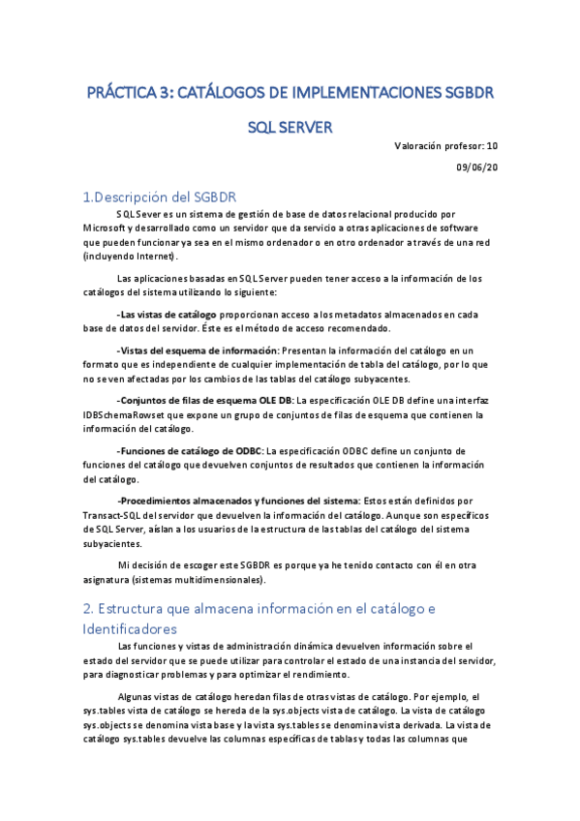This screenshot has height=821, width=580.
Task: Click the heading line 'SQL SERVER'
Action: coord(290,127)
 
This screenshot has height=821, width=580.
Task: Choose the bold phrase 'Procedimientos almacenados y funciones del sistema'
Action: coord(237,501)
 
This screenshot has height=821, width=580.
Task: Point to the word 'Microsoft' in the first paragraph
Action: coord(109,228)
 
